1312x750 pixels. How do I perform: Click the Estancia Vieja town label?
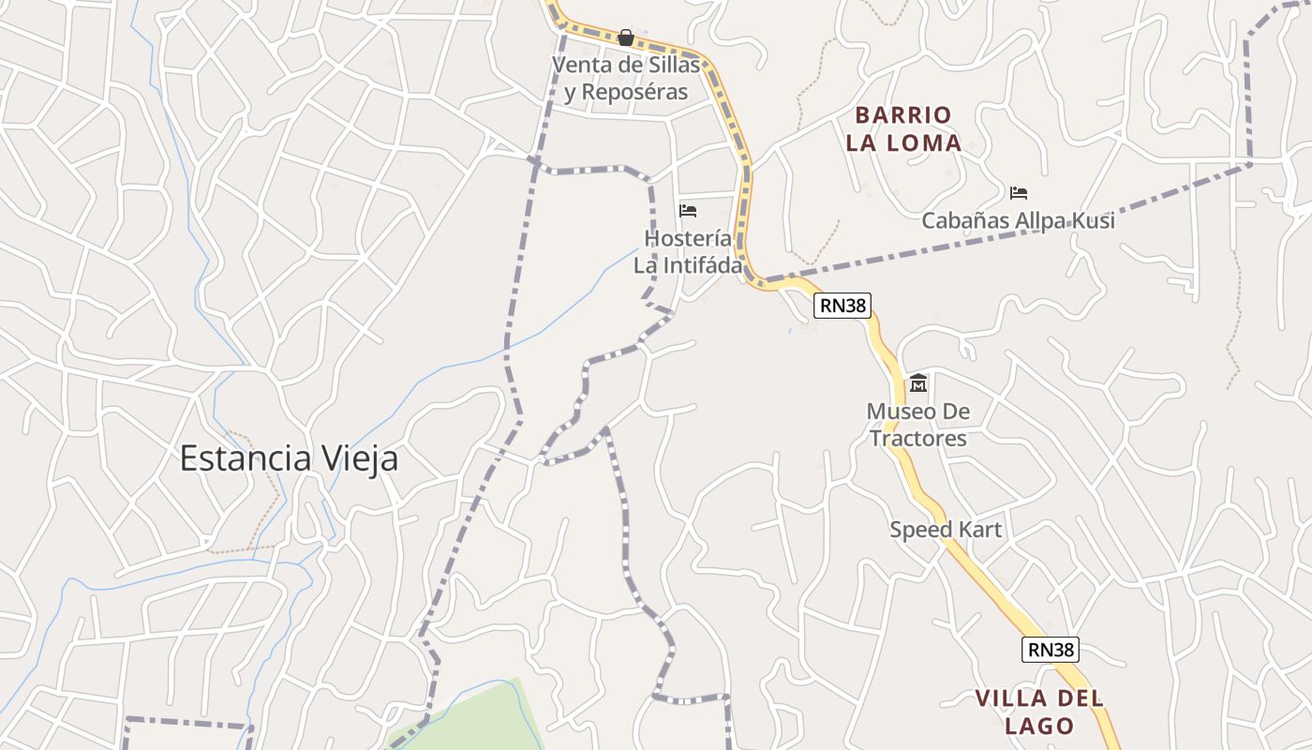(x=289, y=458)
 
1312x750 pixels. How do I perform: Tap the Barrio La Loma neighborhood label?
(x=903, y=129)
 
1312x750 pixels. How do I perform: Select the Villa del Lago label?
(x=1039, y=712)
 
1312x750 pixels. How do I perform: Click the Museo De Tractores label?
(x=917, y=425)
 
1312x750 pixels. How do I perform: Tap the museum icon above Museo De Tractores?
(x=917, y=383)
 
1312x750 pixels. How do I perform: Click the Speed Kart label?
(x=946, y=530)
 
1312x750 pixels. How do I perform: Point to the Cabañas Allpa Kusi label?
(x=1018, y=221)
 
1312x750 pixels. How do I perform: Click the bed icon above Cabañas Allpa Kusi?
(x=1019, y=193)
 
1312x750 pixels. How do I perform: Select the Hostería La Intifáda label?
(x=688, y=252)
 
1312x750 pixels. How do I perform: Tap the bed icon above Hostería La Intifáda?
(x=688, y=210)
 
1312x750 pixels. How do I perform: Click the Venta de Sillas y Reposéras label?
(x=626, y=79)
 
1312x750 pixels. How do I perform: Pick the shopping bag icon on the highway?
(x=625, y=37)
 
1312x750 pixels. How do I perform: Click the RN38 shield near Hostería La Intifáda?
(x=842, y=305)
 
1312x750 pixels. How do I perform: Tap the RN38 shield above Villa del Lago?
(x=1050, y=649)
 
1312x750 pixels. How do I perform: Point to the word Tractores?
(x=917, y=439)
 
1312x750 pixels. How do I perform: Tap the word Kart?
(x=979, y=530)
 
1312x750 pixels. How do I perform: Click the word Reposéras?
(x=634, y=93)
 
